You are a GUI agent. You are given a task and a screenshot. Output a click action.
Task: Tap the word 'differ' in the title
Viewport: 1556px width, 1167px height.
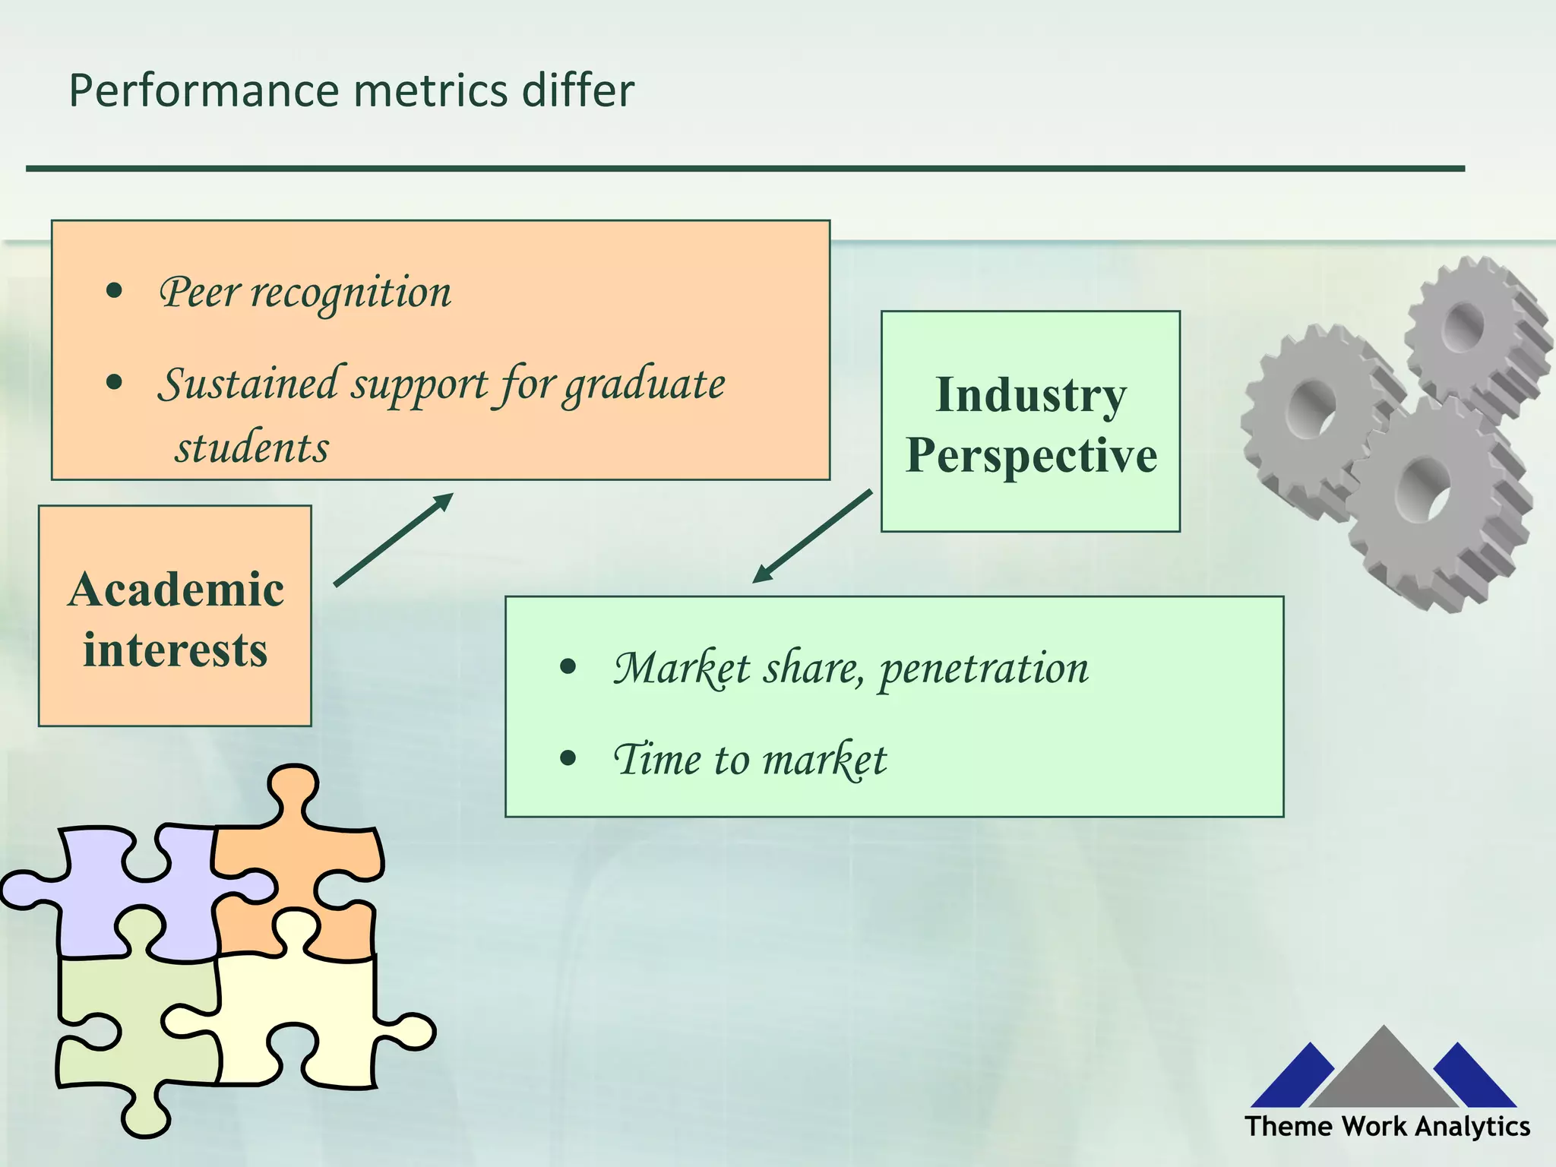tap(577, 91)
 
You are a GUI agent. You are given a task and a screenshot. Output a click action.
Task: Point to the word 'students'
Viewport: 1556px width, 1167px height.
tap(252, 448)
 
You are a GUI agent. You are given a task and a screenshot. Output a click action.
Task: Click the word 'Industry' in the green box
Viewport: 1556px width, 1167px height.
tap(1030, 396)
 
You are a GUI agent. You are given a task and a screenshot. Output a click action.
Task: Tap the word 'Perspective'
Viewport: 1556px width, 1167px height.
tap(1031, 456)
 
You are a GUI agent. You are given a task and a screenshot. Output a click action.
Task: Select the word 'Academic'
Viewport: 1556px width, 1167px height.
tap(176, 590)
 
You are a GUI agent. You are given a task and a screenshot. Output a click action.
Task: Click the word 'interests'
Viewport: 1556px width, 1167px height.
tap(176, 651)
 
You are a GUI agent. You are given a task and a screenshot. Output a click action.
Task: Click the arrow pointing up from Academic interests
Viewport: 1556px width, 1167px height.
tap(394, 539)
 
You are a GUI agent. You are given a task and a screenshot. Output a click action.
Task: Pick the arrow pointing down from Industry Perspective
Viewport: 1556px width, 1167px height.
tap(811, 537)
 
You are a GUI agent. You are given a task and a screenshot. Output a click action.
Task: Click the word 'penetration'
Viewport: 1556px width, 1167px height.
tap(983, 669)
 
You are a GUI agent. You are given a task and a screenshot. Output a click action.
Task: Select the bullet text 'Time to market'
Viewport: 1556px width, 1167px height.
tap(750, 760)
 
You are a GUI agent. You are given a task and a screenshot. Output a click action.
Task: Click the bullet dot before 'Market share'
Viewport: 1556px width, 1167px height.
tap(568, 668)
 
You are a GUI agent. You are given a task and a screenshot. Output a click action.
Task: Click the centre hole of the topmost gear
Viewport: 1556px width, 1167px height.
tap(1463, 327)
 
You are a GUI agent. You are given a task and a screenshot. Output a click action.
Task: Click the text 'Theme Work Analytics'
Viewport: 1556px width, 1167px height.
tap(1387, 1126)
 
